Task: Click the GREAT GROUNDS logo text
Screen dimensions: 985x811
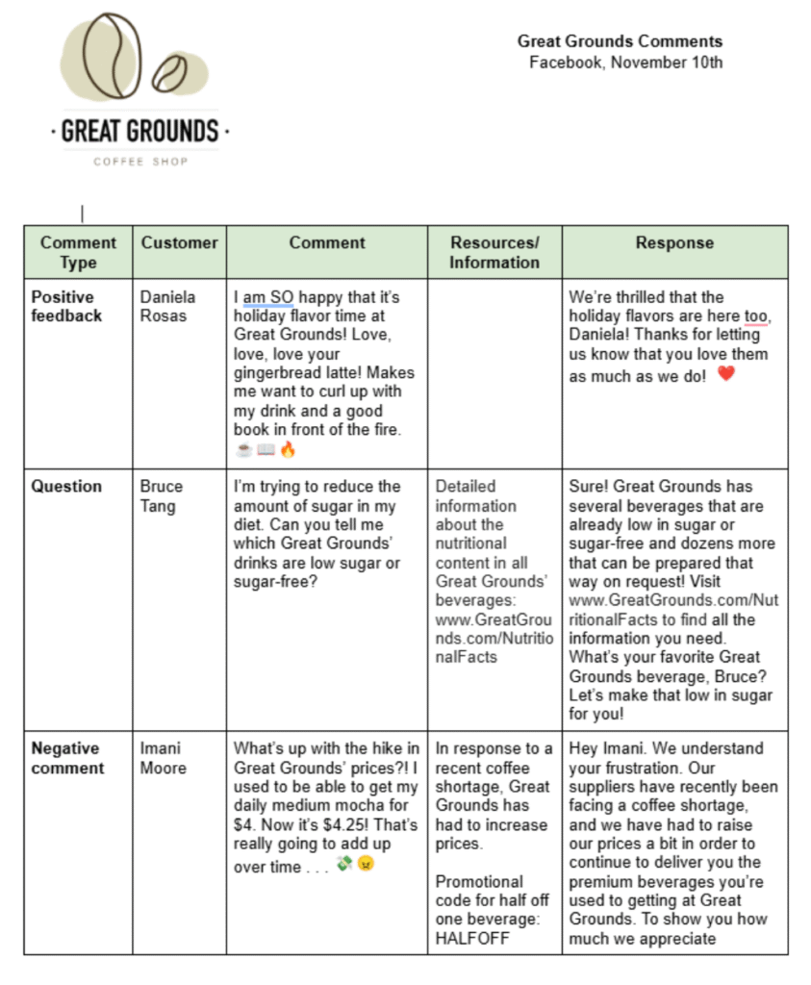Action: (140, 130)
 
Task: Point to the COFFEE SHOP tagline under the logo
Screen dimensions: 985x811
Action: (140, 162)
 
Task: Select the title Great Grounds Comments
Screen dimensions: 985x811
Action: (620, 41)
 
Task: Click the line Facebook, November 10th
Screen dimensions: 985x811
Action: (625, 63)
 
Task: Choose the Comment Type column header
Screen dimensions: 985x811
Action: (78, 252)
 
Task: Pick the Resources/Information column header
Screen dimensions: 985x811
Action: (494, 252)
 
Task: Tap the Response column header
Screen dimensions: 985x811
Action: (674, 243)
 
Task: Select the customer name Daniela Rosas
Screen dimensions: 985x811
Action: (164, 306)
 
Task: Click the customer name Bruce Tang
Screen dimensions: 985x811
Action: (161, 495)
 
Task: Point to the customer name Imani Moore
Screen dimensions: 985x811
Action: (163, 758)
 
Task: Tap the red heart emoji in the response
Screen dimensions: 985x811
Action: (726, 374)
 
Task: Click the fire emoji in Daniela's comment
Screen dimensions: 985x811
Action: (288, 449)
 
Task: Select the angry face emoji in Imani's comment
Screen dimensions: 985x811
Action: (366, 865)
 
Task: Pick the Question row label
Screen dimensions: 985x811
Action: (66, 487)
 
